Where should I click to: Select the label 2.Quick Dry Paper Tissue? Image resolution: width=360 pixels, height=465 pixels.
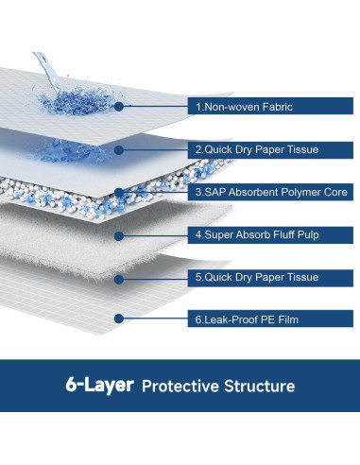[255, 149]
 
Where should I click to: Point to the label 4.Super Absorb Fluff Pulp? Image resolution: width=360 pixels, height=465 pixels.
[258, 234]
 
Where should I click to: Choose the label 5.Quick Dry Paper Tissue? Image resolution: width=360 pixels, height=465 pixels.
[255, 277]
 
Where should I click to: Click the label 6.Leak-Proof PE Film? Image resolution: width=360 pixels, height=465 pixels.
[247, 319]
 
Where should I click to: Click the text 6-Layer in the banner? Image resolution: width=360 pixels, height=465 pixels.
[98, 386]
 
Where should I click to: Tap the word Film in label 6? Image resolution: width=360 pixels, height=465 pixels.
[286, 319]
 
